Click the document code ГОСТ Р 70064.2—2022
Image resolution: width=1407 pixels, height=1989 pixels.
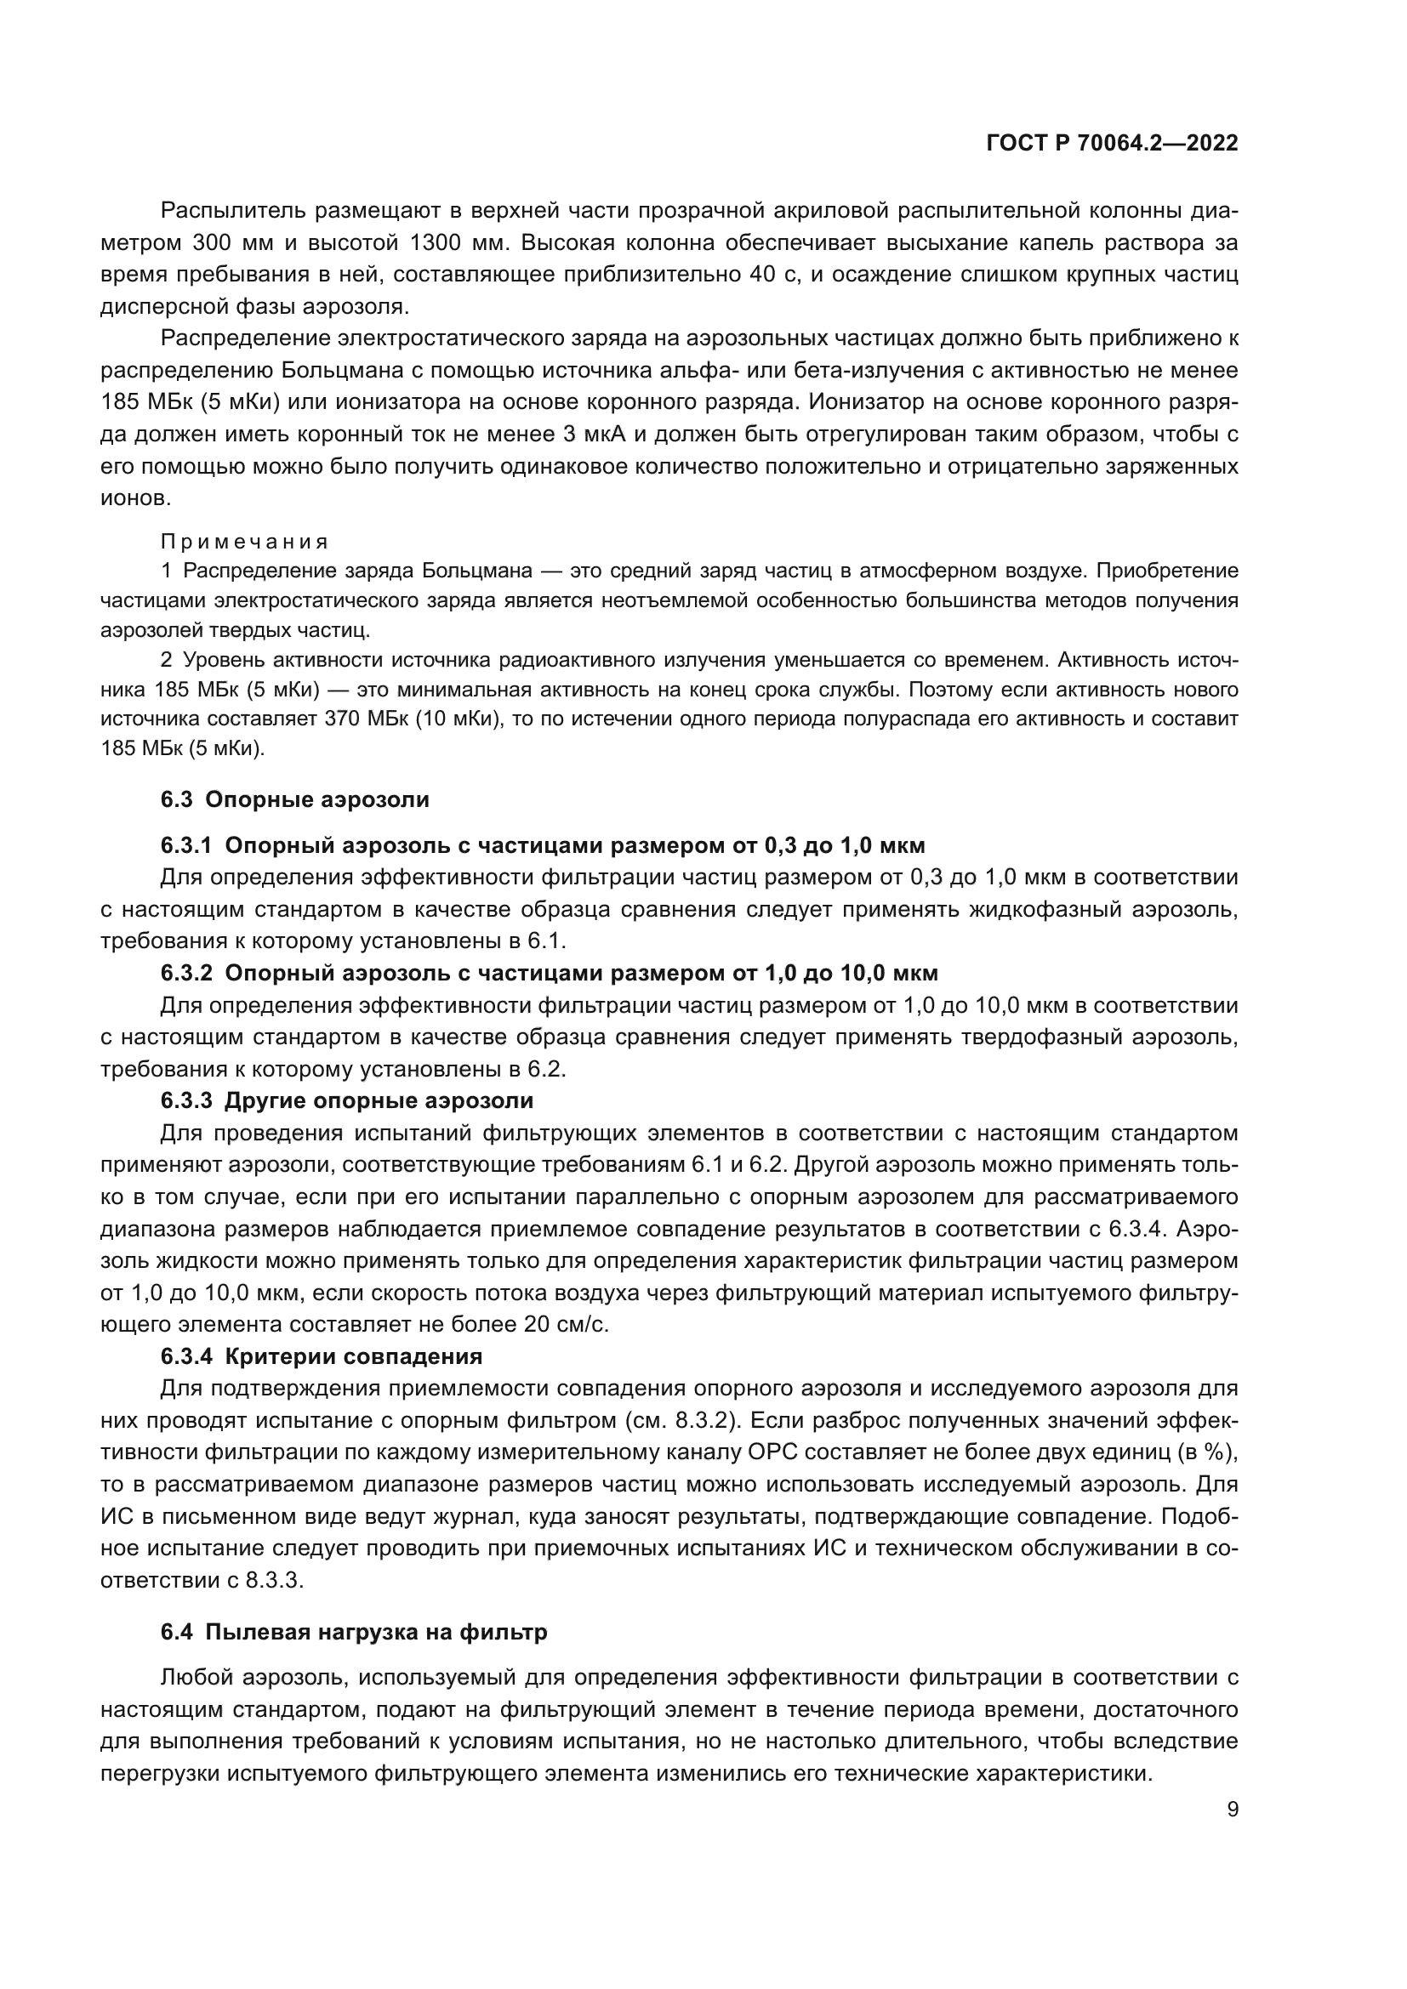coord(1112,144)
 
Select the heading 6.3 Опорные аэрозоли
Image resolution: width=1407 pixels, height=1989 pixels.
coord(294,798)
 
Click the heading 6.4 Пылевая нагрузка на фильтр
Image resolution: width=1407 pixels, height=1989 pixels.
coord(354,1632)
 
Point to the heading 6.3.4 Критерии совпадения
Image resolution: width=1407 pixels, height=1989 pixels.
coord(322,1355)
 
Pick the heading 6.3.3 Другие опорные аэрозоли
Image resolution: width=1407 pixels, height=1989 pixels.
coord(346,1101)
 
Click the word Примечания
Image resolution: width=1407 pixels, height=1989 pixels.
coord(244,542)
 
